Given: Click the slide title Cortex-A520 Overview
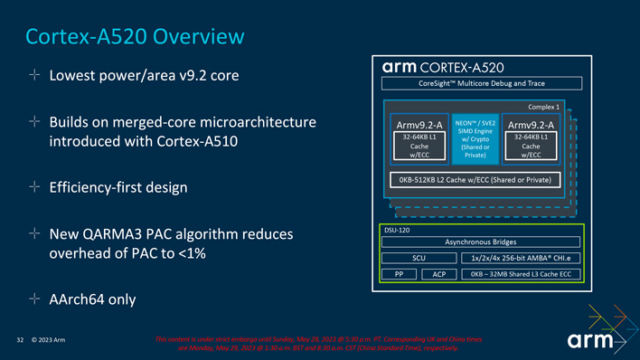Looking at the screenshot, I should [x=135, y=36].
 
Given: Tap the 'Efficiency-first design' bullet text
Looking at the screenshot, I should [x=118, y=187].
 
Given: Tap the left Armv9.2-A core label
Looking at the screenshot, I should [x=419, y=125].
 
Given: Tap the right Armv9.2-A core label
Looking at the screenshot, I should [x=531, y=125].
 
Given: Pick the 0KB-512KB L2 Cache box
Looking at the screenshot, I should [x=475, y=180].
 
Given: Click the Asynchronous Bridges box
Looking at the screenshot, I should [x=481, y=242].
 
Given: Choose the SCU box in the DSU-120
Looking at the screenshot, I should [x=419, y=258].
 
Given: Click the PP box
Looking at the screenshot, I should [x=399, y=273].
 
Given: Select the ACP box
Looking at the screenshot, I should [x=439, y=273].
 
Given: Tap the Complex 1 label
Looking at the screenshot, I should [x=542, y=107].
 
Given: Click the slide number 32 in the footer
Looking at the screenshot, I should [x=20, y=340].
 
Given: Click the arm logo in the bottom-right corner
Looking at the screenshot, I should [x=592, y=341].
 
